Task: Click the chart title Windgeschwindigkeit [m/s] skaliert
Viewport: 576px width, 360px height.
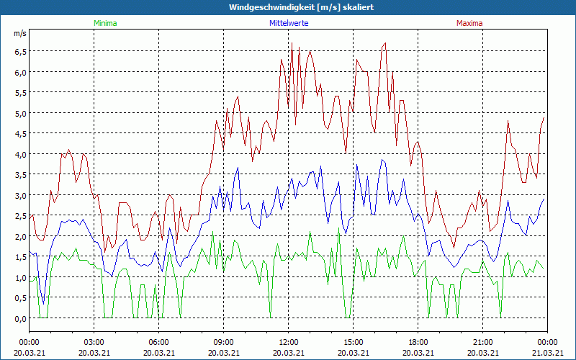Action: pyautogui.click(x=288, y=6)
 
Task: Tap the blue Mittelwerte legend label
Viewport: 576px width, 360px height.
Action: pyautogui.click(x=289, y=23)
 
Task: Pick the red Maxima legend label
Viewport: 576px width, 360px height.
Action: pyautogui.click(x=469, y=23)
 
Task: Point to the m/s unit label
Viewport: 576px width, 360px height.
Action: pyautogui.click(x=19, y=34)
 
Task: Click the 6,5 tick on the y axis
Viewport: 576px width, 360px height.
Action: pyautogui.click(x=19, y=51)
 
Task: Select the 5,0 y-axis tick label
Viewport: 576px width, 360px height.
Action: pyautogui.click(x=19, y=113)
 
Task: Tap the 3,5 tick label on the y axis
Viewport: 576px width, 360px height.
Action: pyautogui.click(x=19, y=175)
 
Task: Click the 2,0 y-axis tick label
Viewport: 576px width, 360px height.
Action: pyautogui.click(x=19, y=236)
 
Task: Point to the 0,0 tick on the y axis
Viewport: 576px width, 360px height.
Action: pyautogui.click(x=19, y=318)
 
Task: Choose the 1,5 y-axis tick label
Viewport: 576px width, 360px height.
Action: pyautogui.click(x=19, y=257)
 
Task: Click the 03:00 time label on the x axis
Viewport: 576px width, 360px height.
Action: pyautogui.click(x=94, y=342)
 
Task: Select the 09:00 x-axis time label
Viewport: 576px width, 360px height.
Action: pyautogui.click(x=223, y=342)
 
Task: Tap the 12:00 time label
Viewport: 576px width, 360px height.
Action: pyautogui.click(x=288, y=342)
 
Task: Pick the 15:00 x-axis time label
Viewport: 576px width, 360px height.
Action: pyautogui.click(x=353, y=342)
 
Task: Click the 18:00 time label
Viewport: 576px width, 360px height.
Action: pyautogui.click(x=418, y=342)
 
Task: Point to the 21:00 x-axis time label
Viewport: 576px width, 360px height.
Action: pyautogui.click(x=482, y=342)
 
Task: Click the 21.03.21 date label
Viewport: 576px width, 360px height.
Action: pyautogui.click(x=546, y=353)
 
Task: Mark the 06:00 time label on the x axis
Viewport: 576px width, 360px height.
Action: pyautogui.click(x=158, y=342)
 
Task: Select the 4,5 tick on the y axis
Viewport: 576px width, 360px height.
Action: pyautogui.click(x=19, y=134)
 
